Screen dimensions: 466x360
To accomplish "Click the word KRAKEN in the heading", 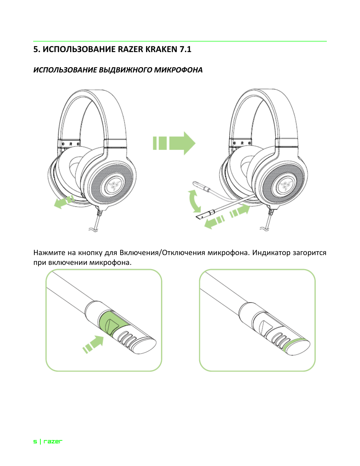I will coord(159,49).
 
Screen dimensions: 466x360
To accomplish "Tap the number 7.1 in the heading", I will coord(185,49).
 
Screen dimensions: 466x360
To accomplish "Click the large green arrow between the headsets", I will coord(174,143).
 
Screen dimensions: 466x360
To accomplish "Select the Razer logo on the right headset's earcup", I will coord(285,185).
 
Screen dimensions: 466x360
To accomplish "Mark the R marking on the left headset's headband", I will coord(71,144).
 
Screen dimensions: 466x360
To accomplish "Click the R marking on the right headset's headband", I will coord(242,143).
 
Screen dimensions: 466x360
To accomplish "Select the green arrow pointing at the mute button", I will coord(93,344).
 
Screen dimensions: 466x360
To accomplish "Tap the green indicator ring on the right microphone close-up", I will coord(297,344).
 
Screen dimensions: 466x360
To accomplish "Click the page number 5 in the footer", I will coord(35,441).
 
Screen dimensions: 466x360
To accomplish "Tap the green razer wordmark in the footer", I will coord(53,441).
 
